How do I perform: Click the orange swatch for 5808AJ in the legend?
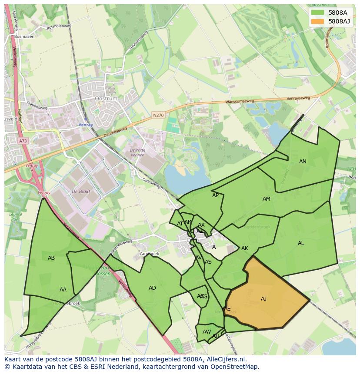[318, 21]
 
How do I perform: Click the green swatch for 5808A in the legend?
[318, 13]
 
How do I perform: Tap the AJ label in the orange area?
[263, 298]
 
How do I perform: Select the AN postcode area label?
[303, 161]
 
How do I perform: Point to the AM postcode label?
[267, 199]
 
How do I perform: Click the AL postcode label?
[301, 243]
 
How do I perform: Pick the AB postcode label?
[51, 258]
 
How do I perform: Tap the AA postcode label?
[63, 289]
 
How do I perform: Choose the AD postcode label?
[152, 288]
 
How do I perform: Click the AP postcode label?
[215, 195]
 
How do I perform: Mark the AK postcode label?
[245, 248]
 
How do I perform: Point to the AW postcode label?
[207, 331]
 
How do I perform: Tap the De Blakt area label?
[80, 192]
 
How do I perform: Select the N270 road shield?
[158, 115]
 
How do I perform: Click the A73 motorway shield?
[23, 141]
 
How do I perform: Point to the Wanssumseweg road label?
[239, 103]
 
